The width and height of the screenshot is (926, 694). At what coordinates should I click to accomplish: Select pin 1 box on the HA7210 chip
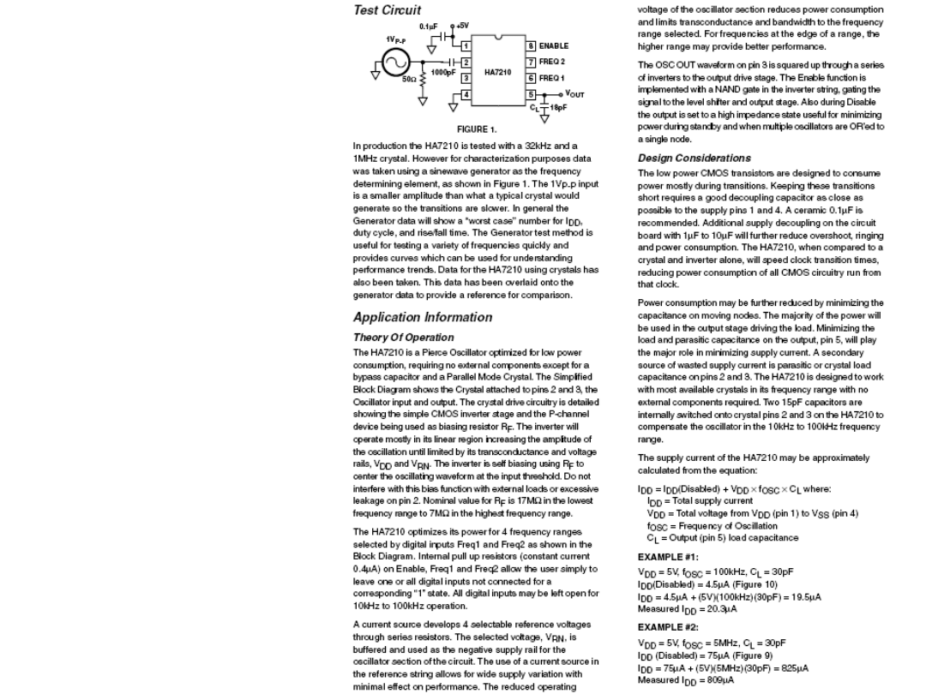(466, 45)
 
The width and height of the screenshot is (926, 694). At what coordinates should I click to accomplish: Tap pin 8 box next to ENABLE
(531, 45)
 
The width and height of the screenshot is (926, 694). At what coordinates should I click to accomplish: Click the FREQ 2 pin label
(552, 62)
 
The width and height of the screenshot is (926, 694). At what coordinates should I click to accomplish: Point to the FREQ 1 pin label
(552, 77)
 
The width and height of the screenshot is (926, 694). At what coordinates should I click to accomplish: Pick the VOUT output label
(574, 94)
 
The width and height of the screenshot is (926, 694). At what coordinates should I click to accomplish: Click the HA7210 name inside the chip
(498, 72)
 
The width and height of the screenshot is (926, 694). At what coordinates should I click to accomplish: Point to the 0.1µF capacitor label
(430, 26)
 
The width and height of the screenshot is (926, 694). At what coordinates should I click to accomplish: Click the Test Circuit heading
(387, 10)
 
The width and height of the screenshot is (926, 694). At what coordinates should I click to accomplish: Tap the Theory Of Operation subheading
(403, 338)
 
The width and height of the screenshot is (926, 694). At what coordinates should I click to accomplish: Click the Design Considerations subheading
(694, 158)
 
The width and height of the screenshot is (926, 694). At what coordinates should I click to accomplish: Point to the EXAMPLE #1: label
(668, 556)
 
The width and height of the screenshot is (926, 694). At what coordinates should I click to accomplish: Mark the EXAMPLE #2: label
(668, 627)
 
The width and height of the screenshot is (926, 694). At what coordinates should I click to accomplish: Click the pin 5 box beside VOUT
(531, 93)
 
